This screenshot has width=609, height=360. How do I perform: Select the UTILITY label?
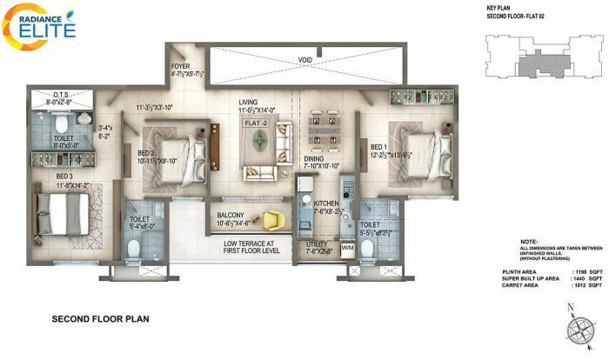(x=318, y=244)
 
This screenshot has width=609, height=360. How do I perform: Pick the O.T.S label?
(x=61, y=96)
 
